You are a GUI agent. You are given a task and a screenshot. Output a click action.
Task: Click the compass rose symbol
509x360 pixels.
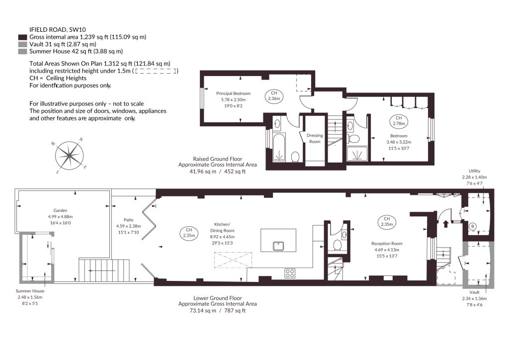click(x=69, y=156)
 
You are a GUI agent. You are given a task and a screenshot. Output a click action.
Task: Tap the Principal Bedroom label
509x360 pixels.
click(x=234, y=93)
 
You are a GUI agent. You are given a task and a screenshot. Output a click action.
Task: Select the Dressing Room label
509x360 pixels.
click(x=315, y=138)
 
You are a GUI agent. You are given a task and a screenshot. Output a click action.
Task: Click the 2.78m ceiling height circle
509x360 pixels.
click(x=399, y=121)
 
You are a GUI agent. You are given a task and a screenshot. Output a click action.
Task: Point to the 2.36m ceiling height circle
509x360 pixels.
click(x=274, y=96)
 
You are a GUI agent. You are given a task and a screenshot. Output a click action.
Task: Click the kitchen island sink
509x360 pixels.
click(x=279, y=246)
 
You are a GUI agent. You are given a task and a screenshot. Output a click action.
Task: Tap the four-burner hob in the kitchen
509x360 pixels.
click(x=290, y=273)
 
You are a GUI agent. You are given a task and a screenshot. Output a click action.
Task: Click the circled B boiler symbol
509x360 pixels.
click(x=473, y=226)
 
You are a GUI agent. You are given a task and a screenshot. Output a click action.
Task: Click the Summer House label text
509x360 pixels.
click(x=30, y=291)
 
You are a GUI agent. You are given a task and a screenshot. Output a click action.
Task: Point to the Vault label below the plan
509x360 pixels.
click(x=474, y=292)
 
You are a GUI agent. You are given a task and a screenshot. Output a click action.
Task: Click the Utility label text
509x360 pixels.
click(x=474, y=171)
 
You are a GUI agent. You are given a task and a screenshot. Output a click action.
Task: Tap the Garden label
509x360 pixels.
click(x=60, y=211)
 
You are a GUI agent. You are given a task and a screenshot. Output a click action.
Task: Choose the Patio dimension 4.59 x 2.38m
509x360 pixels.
click(x=129, y=226)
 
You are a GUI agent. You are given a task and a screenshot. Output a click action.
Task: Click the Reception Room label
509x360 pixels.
click(x=387, y=244)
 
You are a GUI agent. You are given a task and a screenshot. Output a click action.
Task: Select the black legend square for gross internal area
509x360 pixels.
click(x=23, y=37)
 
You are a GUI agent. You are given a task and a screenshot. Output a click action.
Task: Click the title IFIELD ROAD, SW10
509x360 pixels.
click(x=58, y=29)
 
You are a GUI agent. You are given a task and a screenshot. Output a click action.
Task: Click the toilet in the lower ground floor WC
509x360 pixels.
click(x=338, y=245)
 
